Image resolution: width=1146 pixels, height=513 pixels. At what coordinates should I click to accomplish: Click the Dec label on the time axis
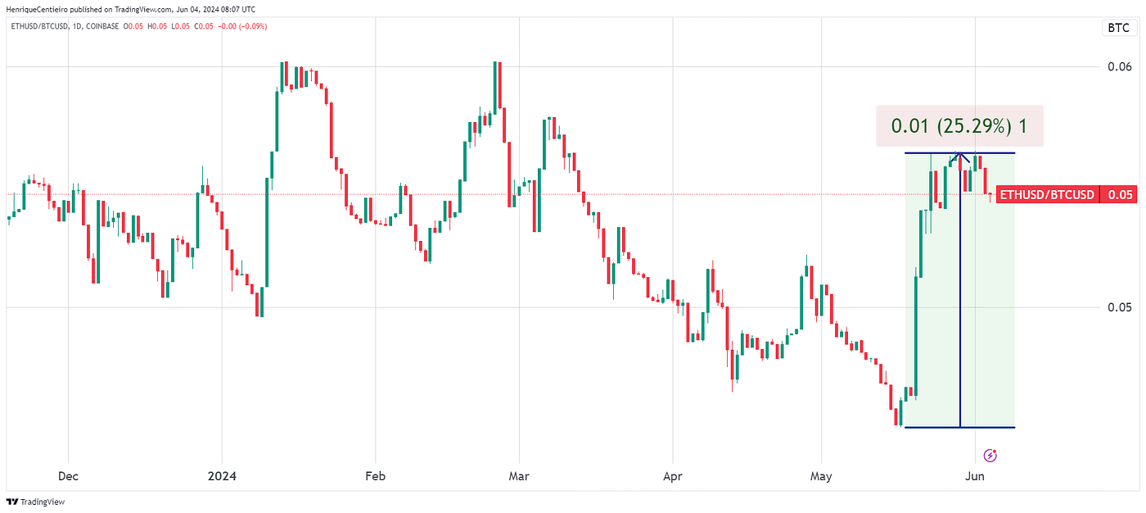pyautogui.click(x=68, y=475)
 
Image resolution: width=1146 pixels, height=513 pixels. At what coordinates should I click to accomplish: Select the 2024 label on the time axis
pyautogui.click(x=222, y=475)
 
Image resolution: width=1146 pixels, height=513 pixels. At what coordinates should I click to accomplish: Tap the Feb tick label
pyautogui.click(x=375, y=475)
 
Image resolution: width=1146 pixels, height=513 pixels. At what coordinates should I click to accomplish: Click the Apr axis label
pyautogui.click(x=672, y=475)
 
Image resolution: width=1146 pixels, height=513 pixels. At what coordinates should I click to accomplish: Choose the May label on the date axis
pyautogui.click(x=820, y=475)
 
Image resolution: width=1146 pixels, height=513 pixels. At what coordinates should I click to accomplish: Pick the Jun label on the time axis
pyautogui.click(x=974, y=475)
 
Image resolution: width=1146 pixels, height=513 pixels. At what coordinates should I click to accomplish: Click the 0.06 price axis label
pyautogui.click(x=1120, y=66)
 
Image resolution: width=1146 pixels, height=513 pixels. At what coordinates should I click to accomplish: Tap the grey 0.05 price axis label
pyautogui.click(x=1120, y=307)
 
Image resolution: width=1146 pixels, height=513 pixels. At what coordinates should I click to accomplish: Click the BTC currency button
pyautogui.click(x=1118, y=28)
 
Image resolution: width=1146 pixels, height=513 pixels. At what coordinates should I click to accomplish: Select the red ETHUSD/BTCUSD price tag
pyautogui.click(x=1047, y=195)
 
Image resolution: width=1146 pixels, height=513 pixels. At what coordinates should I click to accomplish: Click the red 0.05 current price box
pyautogui.click(x=1120, y=195)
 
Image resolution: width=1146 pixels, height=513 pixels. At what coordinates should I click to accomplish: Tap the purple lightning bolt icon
pyautogui.click(x=990, y=455)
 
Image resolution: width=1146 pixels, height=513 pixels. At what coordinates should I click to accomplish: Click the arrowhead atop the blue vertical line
pyautogui.click(x=960, y=156)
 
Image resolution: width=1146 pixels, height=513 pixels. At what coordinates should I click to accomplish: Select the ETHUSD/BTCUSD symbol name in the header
pyautogui.click(x=38, y=26)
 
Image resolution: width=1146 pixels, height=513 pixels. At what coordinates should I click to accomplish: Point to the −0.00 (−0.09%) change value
pyautogui.click(x=242, y=26)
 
